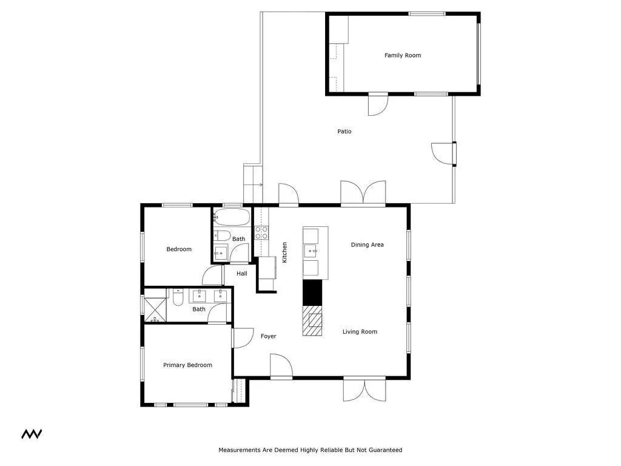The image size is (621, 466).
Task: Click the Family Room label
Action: pyautogui.click(x=403, y=55)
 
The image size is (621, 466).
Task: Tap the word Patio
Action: pyautogui.click(x=344, y=132)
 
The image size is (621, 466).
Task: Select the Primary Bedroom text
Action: pyautogui.click(x=187, y=365)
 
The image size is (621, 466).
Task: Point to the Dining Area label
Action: pyautogui.click(x=368, y=245)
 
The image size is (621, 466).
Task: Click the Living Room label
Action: pyautogui.click(x=360, y=332)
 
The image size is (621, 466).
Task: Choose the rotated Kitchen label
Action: pyautogui.click(x=284, y=252)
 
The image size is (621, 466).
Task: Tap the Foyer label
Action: pyautogui.click(x=268, y=336)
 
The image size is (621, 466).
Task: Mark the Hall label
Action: pyautogui.click(x=242, y=274)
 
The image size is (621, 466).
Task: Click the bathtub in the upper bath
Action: pyautogui.click(x=231, y=217)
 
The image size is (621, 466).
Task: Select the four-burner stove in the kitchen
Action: pyautogui.click(x=261, y=232)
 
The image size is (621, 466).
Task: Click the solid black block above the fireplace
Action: pyautogui.click(x=312, y=292)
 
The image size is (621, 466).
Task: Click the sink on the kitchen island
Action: pyautogui.click(x=312, y=249)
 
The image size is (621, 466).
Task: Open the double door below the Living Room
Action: pyautogui.click(x=364, y=390)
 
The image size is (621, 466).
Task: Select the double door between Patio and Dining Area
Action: pyautogui.click(x=363, y=194)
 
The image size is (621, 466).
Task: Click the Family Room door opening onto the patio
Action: pyautogui.click(x=377, y=104)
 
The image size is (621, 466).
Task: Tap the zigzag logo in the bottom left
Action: pyautogui.click(x=32, y=434)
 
